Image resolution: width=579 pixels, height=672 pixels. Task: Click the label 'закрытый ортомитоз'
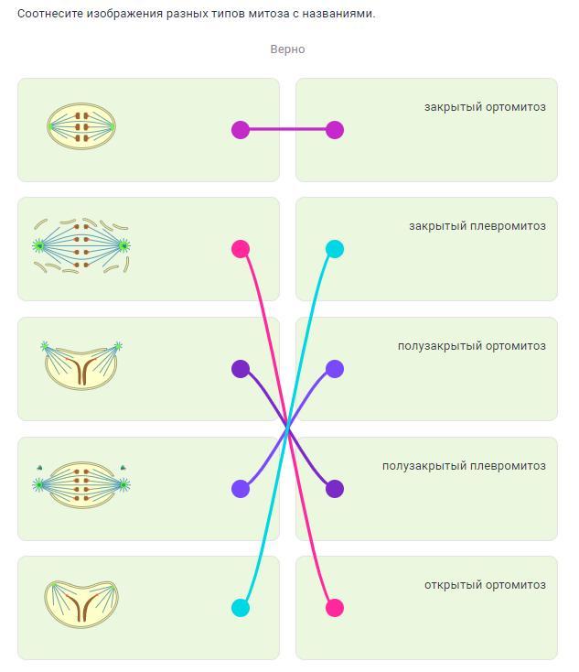tap(485, 107)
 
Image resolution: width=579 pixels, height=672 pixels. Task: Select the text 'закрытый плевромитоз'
tap(477, 226)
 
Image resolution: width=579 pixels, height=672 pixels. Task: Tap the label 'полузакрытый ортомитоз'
tap(471, 346)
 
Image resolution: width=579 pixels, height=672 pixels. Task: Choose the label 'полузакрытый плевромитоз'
tap(464, 466)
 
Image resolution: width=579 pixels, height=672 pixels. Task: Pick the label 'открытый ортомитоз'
tap(485, 585)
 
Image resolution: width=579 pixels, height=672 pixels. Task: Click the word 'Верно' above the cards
tap(287, 49)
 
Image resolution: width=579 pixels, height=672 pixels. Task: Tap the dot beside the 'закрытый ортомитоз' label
tap(335, 130)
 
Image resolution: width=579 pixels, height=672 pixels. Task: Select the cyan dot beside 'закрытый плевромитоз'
tap(335, 249)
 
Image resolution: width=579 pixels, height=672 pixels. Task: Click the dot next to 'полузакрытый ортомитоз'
tap(335, 369)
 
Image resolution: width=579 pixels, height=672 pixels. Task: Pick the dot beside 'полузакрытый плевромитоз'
tap(335, 489)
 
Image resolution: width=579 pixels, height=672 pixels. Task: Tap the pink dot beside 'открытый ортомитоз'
tap(335, 608)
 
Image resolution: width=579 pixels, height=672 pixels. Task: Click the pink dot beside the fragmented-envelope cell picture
tap(241, 249)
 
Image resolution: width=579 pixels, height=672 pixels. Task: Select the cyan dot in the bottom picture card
tap(241, 608)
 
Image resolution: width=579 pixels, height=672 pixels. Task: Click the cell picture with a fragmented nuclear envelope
tap(81, 245)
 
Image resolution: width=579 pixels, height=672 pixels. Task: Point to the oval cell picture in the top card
tap(81, 125)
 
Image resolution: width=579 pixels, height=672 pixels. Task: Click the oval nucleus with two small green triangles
tap(81, 483)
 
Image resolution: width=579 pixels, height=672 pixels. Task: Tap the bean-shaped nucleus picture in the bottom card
tap(81, 602)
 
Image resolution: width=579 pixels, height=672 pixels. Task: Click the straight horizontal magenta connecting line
tap(287, 130)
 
